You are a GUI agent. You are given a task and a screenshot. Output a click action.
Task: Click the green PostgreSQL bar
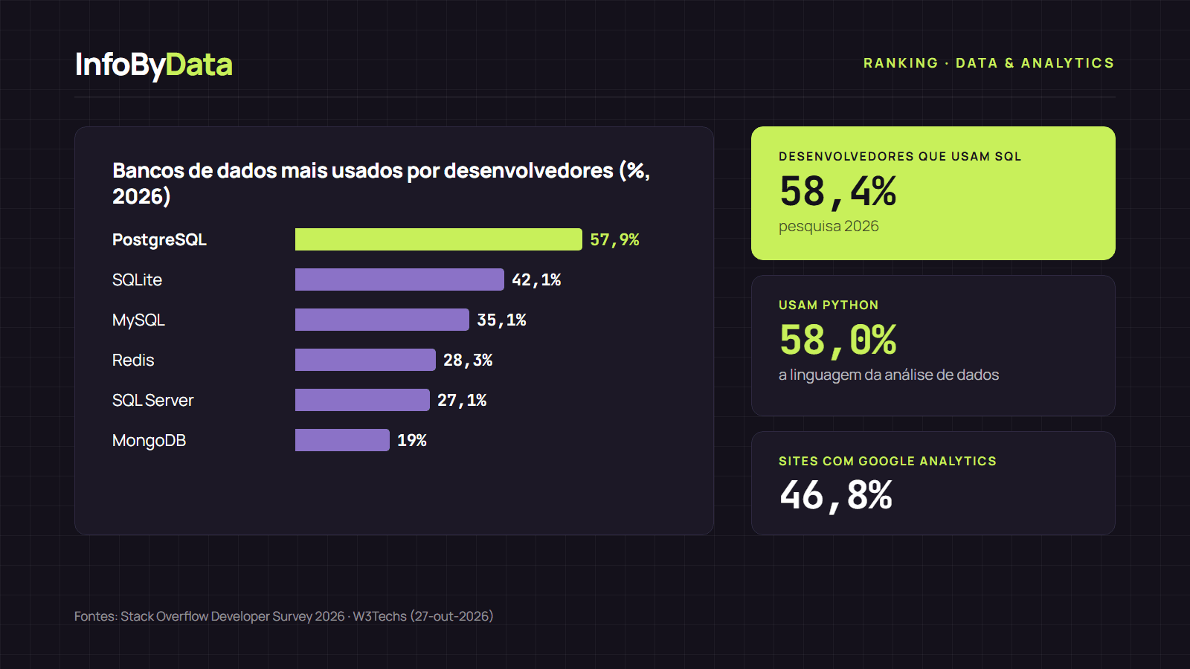[438, 239]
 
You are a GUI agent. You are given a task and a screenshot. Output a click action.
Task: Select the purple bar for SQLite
[399, 279]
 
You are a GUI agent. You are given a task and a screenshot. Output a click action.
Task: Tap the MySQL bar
[382, 320]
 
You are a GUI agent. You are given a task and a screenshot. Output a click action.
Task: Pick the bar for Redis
[365, 360]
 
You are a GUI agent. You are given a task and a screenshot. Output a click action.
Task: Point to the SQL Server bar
[362, 400]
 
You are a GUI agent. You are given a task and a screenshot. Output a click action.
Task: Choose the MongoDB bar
[342, 440]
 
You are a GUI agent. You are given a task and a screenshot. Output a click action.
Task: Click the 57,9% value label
[614, 240]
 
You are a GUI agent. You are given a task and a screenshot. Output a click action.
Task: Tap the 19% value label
[412, 440]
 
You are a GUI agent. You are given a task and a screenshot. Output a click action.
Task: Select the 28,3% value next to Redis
[468, 361]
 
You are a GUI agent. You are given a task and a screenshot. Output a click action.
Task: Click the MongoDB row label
[149, 441]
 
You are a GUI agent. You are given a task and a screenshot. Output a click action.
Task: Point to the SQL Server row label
[153, 401]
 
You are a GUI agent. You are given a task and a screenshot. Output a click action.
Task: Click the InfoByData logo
[154, 65]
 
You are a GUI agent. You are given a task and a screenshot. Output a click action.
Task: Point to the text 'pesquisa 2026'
[829, 227]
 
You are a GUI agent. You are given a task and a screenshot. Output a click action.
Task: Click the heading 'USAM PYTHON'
[829, 306]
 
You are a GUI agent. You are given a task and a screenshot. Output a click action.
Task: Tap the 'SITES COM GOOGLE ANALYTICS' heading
[888, 462]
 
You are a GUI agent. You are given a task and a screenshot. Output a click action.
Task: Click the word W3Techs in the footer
[380, 616]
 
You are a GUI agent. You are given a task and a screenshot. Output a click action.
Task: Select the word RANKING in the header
[901, 63]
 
